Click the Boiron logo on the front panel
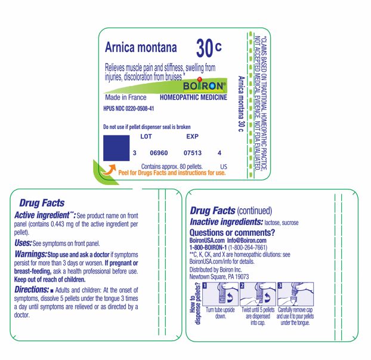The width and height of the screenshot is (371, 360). coord(205,85)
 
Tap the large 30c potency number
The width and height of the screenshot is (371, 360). coord(209,48)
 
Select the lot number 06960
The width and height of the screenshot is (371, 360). coord(159,153)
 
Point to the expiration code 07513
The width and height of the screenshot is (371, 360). coord(193,153)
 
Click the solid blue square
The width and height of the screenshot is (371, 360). coord(116,148)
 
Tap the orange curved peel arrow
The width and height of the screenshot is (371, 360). coord(107,171)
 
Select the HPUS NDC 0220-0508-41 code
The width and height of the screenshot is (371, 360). coord(129,109)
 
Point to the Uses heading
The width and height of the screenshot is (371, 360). coord(23,243)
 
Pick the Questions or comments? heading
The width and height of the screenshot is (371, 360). coord(232,232)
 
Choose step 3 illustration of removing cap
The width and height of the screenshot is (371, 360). coord(295,296)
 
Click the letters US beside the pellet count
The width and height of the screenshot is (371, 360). coord(224,166)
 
